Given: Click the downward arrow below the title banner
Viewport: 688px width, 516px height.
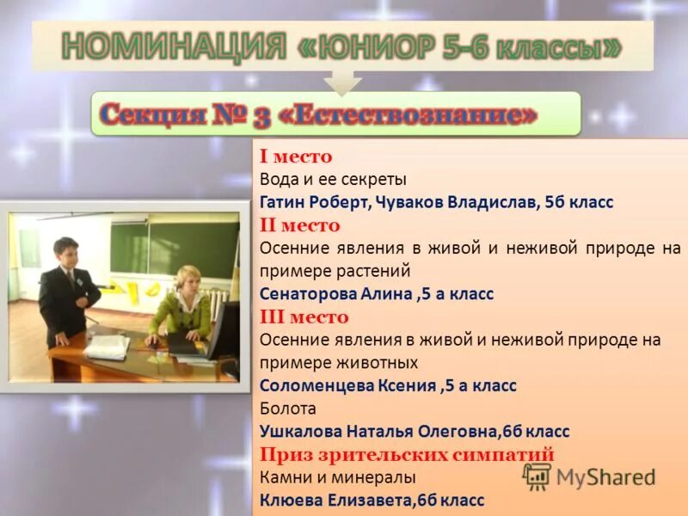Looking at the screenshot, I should click(x=343, y=82).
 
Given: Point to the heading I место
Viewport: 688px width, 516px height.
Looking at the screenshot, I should click(x=295, y=157).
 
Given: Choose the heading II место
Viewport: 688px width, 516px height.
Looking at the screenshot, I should click(x=299, y=225).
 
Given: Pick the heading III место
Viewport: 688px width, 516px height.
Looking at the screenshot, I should click(x=304, y=316).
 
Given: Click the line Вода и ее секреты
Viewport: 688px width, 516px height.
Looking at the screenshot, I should click(x=332, y=180).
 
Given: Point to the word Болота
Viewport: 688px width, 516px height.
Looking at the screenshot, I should click(x=287, y=408).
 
